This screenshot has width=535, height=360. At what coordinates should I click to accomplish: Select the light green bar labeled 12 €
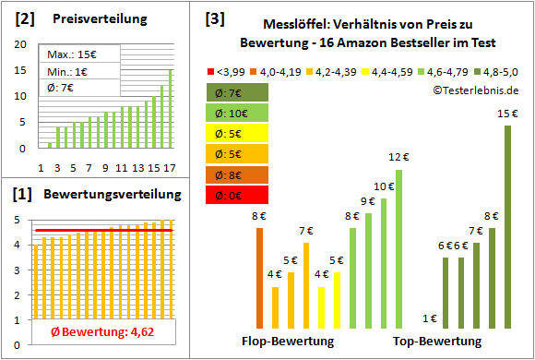[x=399, y=249]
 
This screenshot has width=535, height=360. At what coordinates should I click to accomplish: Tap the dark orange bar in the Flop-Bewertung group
[x=259, y=278]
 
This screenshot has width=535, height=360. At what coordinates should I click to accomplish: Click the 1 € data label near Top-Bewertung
[x=430, y=318]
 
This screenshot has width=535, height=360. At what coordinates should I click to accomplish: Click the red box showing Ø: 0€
[x=238, y=195]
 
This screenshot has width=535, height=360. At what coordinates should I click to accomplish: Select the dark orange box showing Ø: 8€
[x=238, y=174]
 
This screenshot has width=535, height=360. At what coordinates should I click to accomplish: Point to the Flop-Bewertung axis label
[x=288, y=341]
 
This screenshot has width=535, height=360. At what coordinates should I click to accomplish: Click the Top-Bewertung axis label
[x=437, y=341]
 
